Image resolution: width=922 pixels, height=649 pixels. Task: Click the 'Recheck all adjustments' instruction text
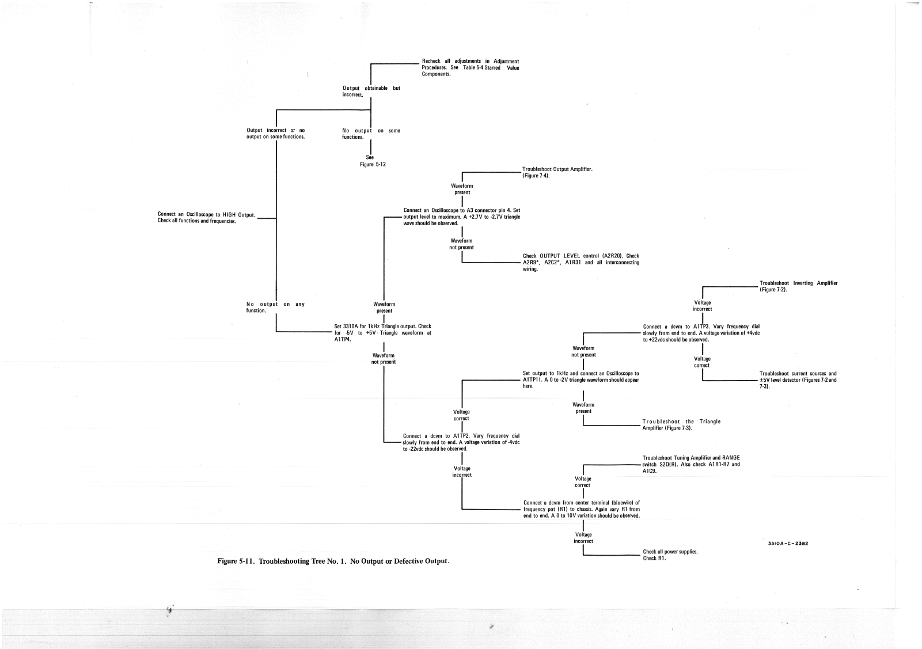pos(471,67)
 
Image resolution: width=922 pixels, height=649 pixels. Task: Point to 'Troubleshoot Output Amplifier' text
pos(557,172)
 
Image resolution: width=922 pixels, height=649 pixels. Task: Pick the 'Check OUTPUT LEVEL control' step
pos(580,263)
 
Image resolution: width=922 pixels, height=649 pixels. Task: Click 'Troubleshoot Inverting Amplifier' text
pos(798,286)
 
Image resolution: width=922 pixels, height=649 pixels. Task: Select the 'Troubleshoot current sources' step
pos(798,380)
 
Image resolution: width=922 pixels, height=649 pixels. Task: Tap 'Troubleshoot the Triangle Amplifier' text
pos(681,425)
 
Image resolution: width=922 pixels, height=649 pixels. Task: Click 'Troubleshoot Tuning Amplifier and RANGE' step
pos(691,464)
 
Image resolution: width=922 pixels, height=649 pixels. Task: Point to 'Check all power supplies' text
pos(670,555)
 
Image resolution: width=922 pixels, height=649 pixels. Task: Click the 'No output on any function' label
pos(275,307)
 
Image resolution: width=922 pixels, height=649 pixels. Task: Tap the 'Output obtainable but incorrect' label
pos(371,91)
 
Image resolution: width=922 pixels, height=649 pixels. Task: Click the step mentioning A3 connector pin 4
pos(462,217)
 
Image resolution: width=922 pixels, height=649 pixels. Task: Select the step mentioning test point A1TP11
pos(580,379)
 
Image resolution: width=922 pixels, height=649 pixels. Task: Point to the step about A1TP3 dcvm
pos(701,333)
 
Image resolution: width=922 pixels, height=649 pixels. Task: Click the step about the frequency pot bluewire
pos(581,509)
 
